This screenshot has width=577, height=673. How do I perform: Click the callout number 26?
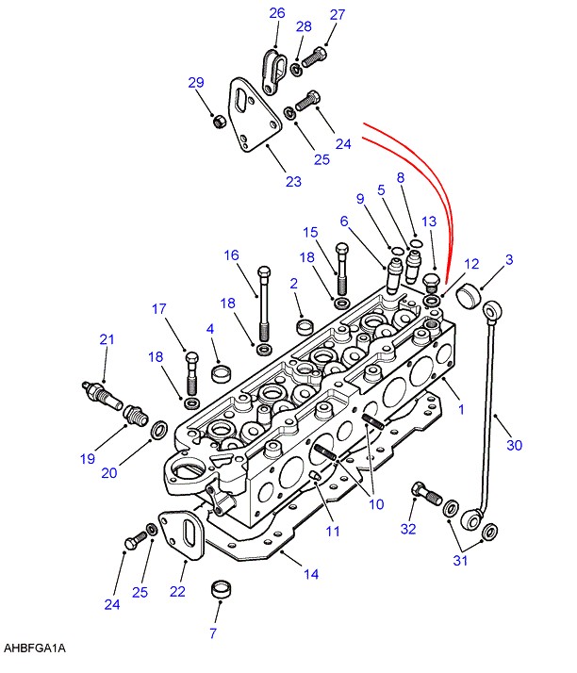277,13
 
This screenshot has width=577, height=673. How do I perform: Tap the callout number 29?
196,82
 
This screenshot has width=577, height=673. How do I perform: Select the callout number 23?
293,181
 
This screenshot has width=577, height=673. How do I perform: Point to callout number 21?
107,339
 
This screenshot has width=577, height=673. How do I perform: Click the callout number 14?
311,574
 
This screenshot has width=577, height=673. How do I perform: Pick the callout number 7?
213,632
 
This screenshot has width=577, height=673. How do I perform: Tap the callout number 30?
514,445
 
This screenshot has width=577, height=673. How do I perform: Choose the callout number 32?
408,529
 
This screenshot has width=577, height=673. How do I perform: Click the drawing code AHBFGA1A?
35,648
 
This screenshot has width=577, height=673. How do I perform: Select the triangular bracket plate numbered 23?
255,115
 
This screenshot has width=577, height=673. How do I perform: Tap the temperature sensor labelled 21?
103,396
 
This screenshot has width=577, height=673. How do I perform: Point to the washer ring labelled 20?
159,430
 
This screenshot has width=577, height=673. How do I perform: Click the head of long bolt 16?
264,272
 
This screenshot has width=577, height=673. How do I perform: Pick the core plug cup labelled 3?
468,295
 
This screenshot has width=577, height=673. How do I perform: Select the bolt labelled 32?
427,494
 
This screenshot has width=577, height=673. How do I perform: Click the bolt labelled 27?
314,57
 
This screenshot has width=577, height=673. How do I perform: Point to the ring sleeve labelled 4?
222,373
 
